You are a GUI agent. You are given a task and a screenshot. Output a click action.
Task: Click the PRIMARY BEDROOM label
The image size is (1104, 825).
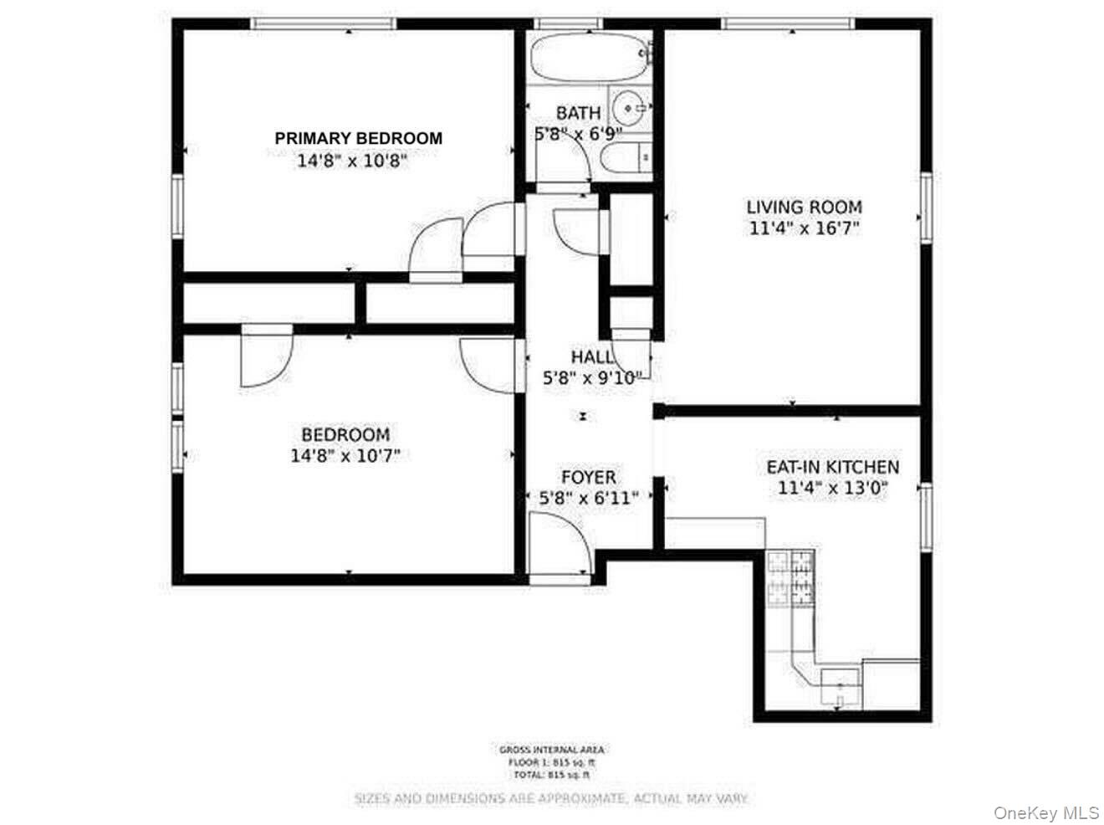(x=359, y=138)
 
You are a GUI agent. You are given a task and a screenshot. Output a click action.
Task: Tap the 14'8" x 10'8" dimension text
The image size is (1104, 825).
(x=352, y=160)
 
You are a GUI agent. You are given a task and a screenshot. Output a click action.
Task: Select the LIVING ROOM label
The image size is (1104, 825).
(x=804, y=207)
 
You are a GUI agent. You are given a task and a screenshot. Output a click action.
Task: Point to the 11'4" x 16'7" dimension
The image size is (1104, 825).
(x=804, y=228)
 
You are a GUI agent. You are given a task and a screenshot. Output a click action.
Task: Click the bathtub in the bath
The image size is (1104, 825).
(x=590, y=57)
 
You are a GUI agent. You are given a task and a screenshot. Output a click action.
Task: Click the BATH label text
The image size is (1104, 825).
(x=578, y=112)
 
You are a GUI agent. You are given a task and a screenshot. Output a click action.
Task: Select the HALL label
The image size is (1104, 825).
(x=592, y=357)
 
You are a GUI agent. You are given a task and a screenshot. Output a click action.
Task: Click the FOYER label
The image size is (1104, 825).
(x=588, y=477)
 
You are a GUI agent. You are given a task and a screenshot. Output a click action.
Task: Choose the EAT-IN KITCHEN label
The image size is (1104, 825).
(x=833, y=467)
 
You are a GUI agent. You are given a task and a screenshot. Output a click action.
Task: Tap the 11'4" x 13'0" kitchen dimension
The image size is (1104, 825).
(x=832, y=489)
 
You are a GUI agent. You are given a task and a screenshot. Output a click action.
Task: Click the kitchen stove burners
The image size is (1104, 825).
(x=790, y=577)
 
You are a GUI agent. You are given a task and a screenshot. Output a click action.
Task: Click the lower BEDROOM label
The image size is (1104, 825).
(x=345, y=435)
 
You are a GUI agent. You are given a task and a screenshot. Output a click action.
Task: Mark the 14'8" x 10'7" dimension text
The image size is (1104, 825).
(x=345, y=456)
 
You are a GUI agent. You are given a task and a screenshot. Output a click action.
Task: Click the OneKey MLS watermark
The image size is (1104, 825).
(x=1046, y=812)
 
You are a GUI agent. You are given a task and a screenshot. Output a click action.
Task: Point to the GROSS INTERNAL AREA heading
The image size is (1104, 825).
(x=551, y=750)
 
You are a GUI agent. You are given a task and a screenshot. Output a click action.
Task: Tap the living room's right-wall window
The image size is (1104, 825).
(x=926, y=208)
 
